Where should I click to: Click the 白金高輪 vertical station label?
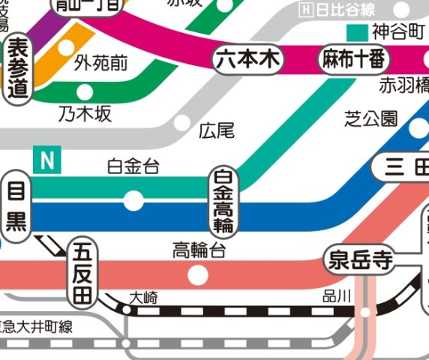(x=223, y=200)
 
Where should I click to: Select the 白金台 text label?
(x=133, y=167)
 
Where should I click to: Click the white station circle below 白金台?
(x=133, y=200)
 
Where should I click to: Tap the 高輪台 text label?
(x=199, y=250)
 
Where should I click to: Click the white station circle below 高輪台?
(x=198, y=275)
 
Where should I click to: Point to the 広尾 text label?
(x=217, y=132)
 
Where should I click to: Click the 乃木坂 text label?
(x=85, y=114)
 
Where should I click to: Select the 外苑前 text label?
(x=101, y=64)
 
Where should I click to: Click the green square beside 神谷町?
(x=358, y=32)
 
